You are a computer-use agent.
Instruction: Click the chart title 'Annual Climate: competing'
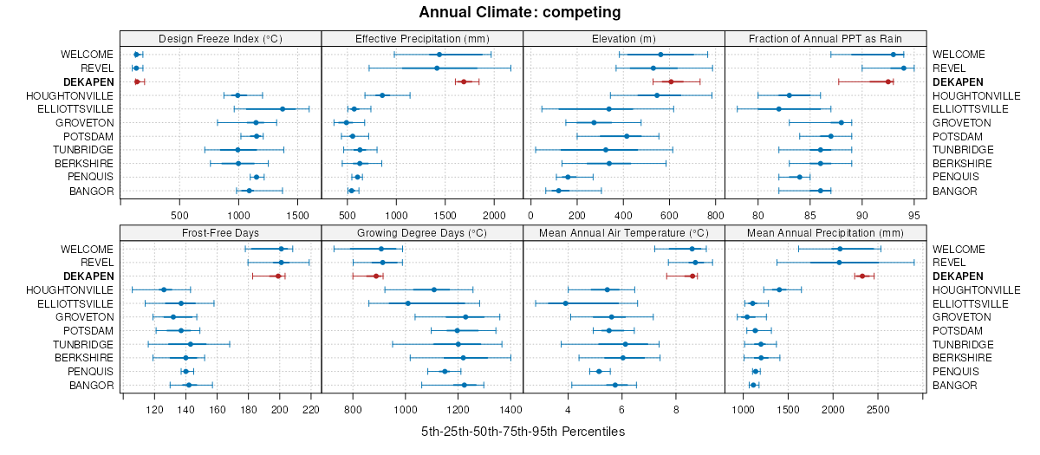click(x=519, y=12)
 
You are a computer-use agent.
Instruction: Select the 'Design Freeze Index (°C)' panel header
click(x=220, y=38)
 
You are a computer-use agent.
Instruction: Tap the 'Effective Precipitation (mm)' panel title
click(x=422, y=38)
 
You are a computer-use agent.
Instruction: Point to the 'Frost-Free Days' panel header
click(x=220, y=232)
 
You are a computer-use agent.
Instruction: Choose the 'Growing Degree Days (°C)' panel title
click(x=422, y=232)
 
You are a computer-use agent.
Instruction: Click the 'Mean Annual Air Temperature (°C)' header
click(x=624, y=232)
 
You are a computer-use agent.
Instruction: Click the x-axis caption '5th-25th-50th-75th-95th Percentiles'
click(x=523, y=431)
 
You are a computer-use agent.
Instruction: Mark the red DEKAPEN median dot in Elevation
click(x=671, y=81)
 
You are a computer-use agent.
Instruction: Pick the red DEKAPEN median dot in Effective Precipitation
click(x=464, y=81)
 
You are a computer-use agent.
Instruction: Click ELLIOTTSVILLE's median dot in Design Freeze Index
click(x=283, y=109)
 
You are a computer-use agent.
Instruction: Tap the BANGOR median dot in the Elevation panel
click(x=558, y=191)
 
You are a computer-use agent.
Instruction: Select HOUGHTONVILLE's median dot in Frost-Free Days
click(x=164, y=289)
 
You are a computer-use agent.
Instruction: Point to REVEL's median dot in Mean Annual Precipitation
click(x=839, y=263)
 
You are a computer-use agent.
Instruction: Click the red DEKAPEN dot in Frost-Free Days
click(x=278, y=276)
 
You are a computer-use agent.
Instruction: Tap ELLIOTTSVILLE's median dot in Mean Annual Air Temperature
click(x=566, y=303)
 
